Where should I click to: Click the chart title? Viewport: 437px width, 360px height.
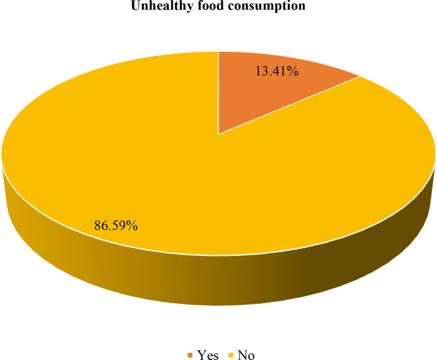(218, 8)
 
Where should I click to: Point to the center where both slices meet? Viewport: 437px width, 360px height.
(219, 134)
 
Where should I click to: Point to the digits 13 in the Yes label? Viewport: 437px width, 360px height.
(262, 71)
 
